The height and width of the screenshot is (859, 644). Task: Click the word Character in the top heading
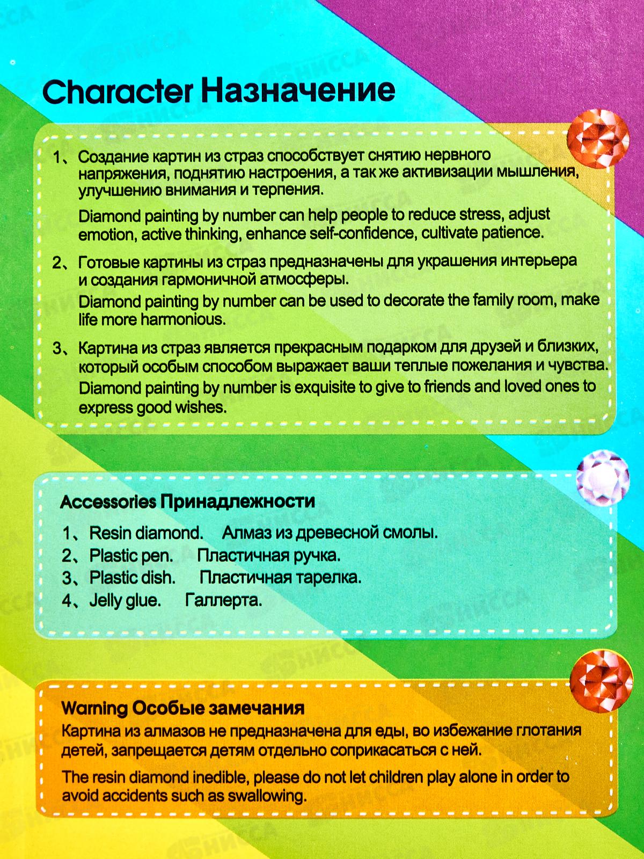coord(117,91)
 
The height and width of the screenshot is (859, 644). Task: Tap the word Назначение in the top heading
coord(298,90)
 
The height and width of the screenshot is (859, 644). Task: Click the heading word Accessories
coord(108,502)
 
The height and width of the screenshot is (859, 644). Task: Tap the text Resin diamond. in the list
coord(146,533)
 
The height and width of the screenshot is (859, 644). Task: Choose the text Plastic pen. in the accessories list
coord(131,555)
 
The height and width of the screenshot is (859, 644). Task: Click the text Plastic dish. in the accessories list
coord(132,578)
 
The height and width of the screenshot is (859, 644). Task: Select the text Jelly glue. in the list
coord(125,600)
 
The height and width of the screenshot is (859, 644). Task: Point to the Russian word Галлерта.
coord(223,600)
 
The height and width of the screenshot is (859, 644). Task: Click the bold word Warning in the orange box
coord(94,708)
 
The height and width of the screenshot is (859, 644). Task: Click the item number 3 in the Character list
coord(57,348)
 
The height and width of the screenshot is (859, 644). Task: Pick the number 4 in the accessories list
coord(67,600)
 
